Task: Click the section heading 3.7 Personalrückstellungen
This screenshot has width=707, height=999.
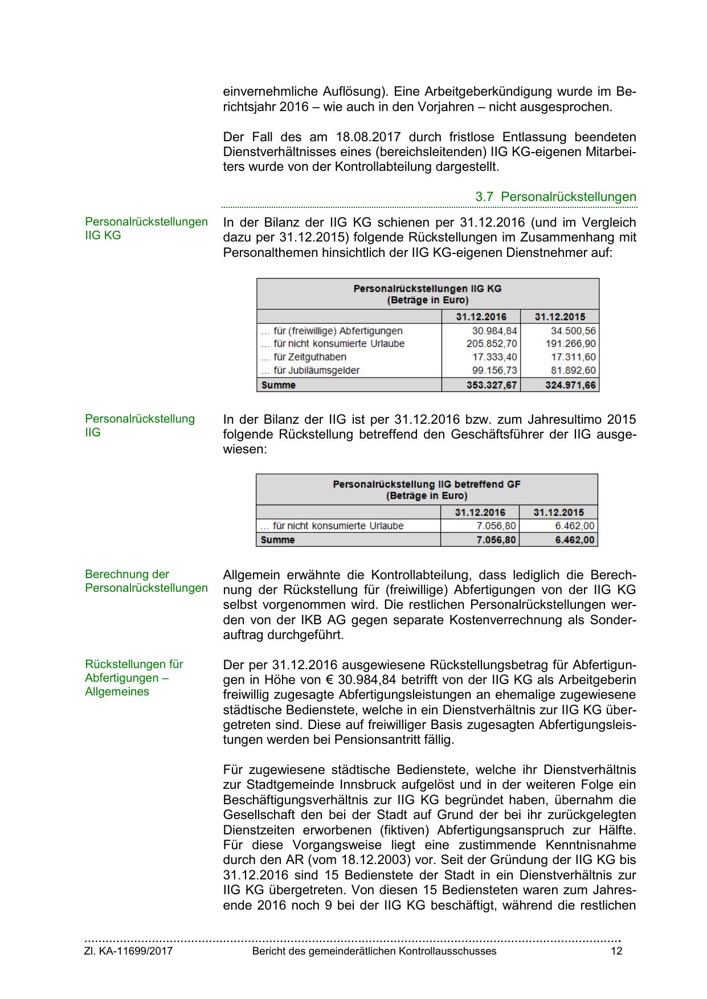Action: click(555, 197)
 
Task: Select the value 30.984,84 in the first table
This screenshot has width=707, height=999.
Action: click(495, 331)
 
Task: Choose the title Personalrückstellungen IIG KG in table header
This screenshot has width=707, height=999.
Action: click(427, 289)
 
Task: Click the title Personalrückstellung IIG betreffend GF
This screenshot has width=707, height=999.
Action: click(426, 485)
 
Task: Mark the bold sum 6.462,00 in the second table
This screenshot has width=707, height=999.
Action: click(575, 540)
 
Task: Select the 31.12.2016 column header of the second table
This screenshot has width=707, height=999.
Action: click(480, 512)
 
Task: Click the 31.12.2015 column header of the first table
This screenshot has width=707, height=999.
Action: click(559, 317)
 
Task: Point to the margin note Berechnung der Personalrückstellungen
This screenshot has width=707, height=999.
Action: click(146, 581)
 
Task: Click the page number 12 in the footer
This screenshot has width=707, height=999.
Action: click(616, 951)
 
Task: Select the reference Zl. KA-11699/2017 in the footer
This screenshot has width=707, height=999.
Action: click(128, 951)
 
